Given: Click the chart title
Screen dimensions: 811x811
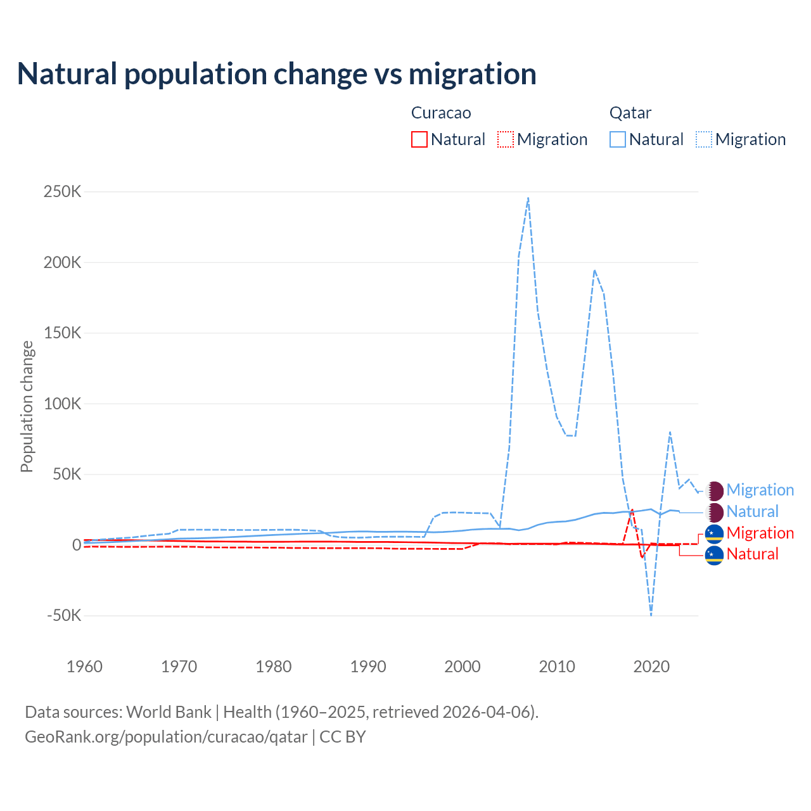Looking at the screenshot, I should (x=277, y=74).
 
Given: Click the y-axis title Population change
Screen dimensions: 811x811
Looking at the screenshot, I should (x=27, y=406).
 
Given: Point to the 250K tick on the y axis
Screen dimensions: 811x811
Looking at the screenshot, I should (x=62, y=191).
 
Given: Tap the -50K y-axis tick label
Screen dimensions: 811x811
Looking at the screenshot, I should (x=64, y=615).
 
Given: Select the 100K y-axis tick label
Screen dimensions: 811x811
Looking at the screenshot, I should (x=62, y=404).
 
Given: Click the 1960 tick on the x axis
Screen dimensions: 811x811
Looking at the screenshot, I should (x=84, y=667).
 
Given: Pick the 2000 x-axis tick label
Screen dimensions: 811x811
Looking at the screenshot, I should (x=463, y=667).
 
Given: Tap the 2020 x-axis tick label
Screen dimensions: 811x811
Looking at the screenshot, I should (x=651, y=667).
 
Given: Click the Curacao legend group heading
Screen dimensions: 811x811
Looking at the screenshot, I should (x=441, y=113).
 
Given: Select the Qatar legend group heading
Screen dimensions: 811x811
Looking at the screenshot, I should (x=630, y=113).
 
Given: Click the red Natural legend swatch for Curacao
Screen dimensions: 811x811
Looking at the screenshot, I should (x=419, y=139).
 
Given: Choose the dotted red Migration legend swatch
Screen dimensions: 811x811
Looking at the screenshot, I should (x=506, y=139).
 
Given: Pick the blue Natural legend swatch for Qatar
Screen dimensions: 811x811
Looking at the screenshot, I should (x=618, y=139).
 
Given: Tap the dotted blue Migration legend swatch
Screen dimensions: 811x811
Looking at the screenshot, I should (x=704, y=139).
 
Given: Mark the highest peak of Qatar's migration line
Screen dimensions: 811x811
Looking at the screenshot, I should (x=528, y=198).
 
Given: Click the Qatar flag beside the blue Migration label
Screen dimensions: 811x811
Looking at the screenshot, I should (x=715, y=490).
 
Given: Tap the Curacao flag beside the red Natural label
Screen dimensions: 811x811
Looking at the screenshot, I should (x=715, y=555).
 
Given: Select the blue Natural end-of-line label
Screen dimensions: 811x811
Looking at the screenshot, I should (x=752, y=512).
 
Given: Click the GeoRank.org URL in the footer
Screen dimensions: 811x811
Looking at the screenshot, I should (x=166, y=737).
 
